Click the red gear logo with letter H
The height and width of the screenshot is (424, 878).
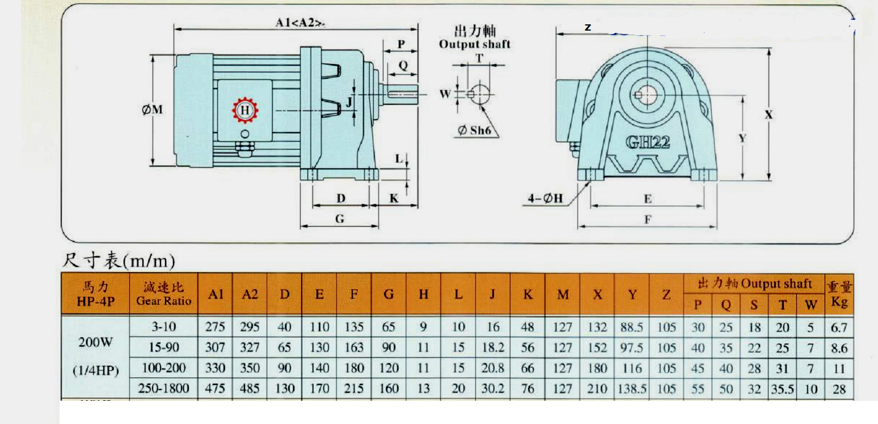pos(245,110)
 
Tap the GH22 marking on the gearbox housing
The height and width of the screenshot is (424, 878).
pos(648,142)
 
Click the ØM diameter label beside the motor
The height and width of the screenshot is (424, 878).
pos(152,109)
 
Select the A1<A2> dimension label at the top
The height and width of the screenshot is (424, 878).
pos(300,23)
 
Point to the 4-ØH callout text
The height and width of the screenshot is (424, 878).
pos(545,198)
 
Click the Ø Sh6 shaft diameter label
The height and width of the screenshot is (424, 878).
pos(474,130)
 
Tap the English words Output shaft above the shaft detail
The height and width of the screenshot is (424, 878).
pos(475,44)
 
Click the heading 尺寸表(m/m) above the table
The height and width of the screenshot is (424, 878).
pos(119,260)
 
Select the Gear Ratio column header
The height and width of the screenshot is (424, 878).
pos(164,301)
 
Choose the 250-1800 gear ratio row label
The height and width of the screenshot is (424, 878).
pos(163,388)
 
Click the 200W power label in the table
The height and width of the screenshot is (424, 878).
pos(95,342)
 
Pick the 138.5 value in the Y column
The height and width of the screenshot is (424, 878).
pos(632,389)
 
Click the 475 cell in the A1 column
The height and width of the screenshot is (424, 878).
pos(215,389)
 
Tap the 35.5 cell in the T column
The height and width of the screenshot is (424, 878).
pos(782,389)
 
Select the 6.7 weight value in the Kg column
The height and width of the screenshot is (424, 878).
pos(839,328)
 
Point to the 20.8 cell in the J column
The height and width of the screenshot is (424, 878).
pos(493,368)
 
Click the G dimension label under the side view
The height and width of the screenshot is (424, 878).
pos(340,219)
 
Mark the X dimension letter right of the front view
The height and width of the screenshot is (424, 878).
pos(769,115)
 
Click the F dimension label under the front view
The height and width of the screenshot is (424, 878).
pos(648,220)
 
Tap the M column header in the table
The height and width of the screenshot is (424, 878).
pos(563,295)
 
